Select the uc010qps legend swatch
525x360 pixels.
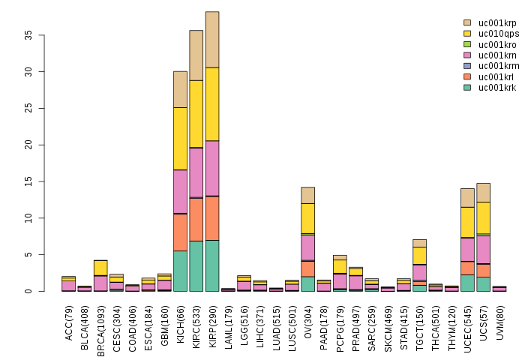coord(467,34)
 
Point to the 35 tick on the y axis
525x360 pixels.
coord(28,35)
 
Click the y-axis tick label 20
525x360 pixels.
coord(28,145)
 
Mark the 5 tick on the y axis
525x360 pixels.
coord(28,255)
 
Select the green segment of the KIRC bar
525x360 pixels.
coord(196,266)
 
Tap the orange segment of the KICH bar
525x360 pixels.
coord(181,232)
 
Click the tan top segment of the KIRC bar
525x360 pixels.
coord(196,55)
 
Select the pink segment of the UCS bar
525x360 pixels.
coord(484,250)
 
